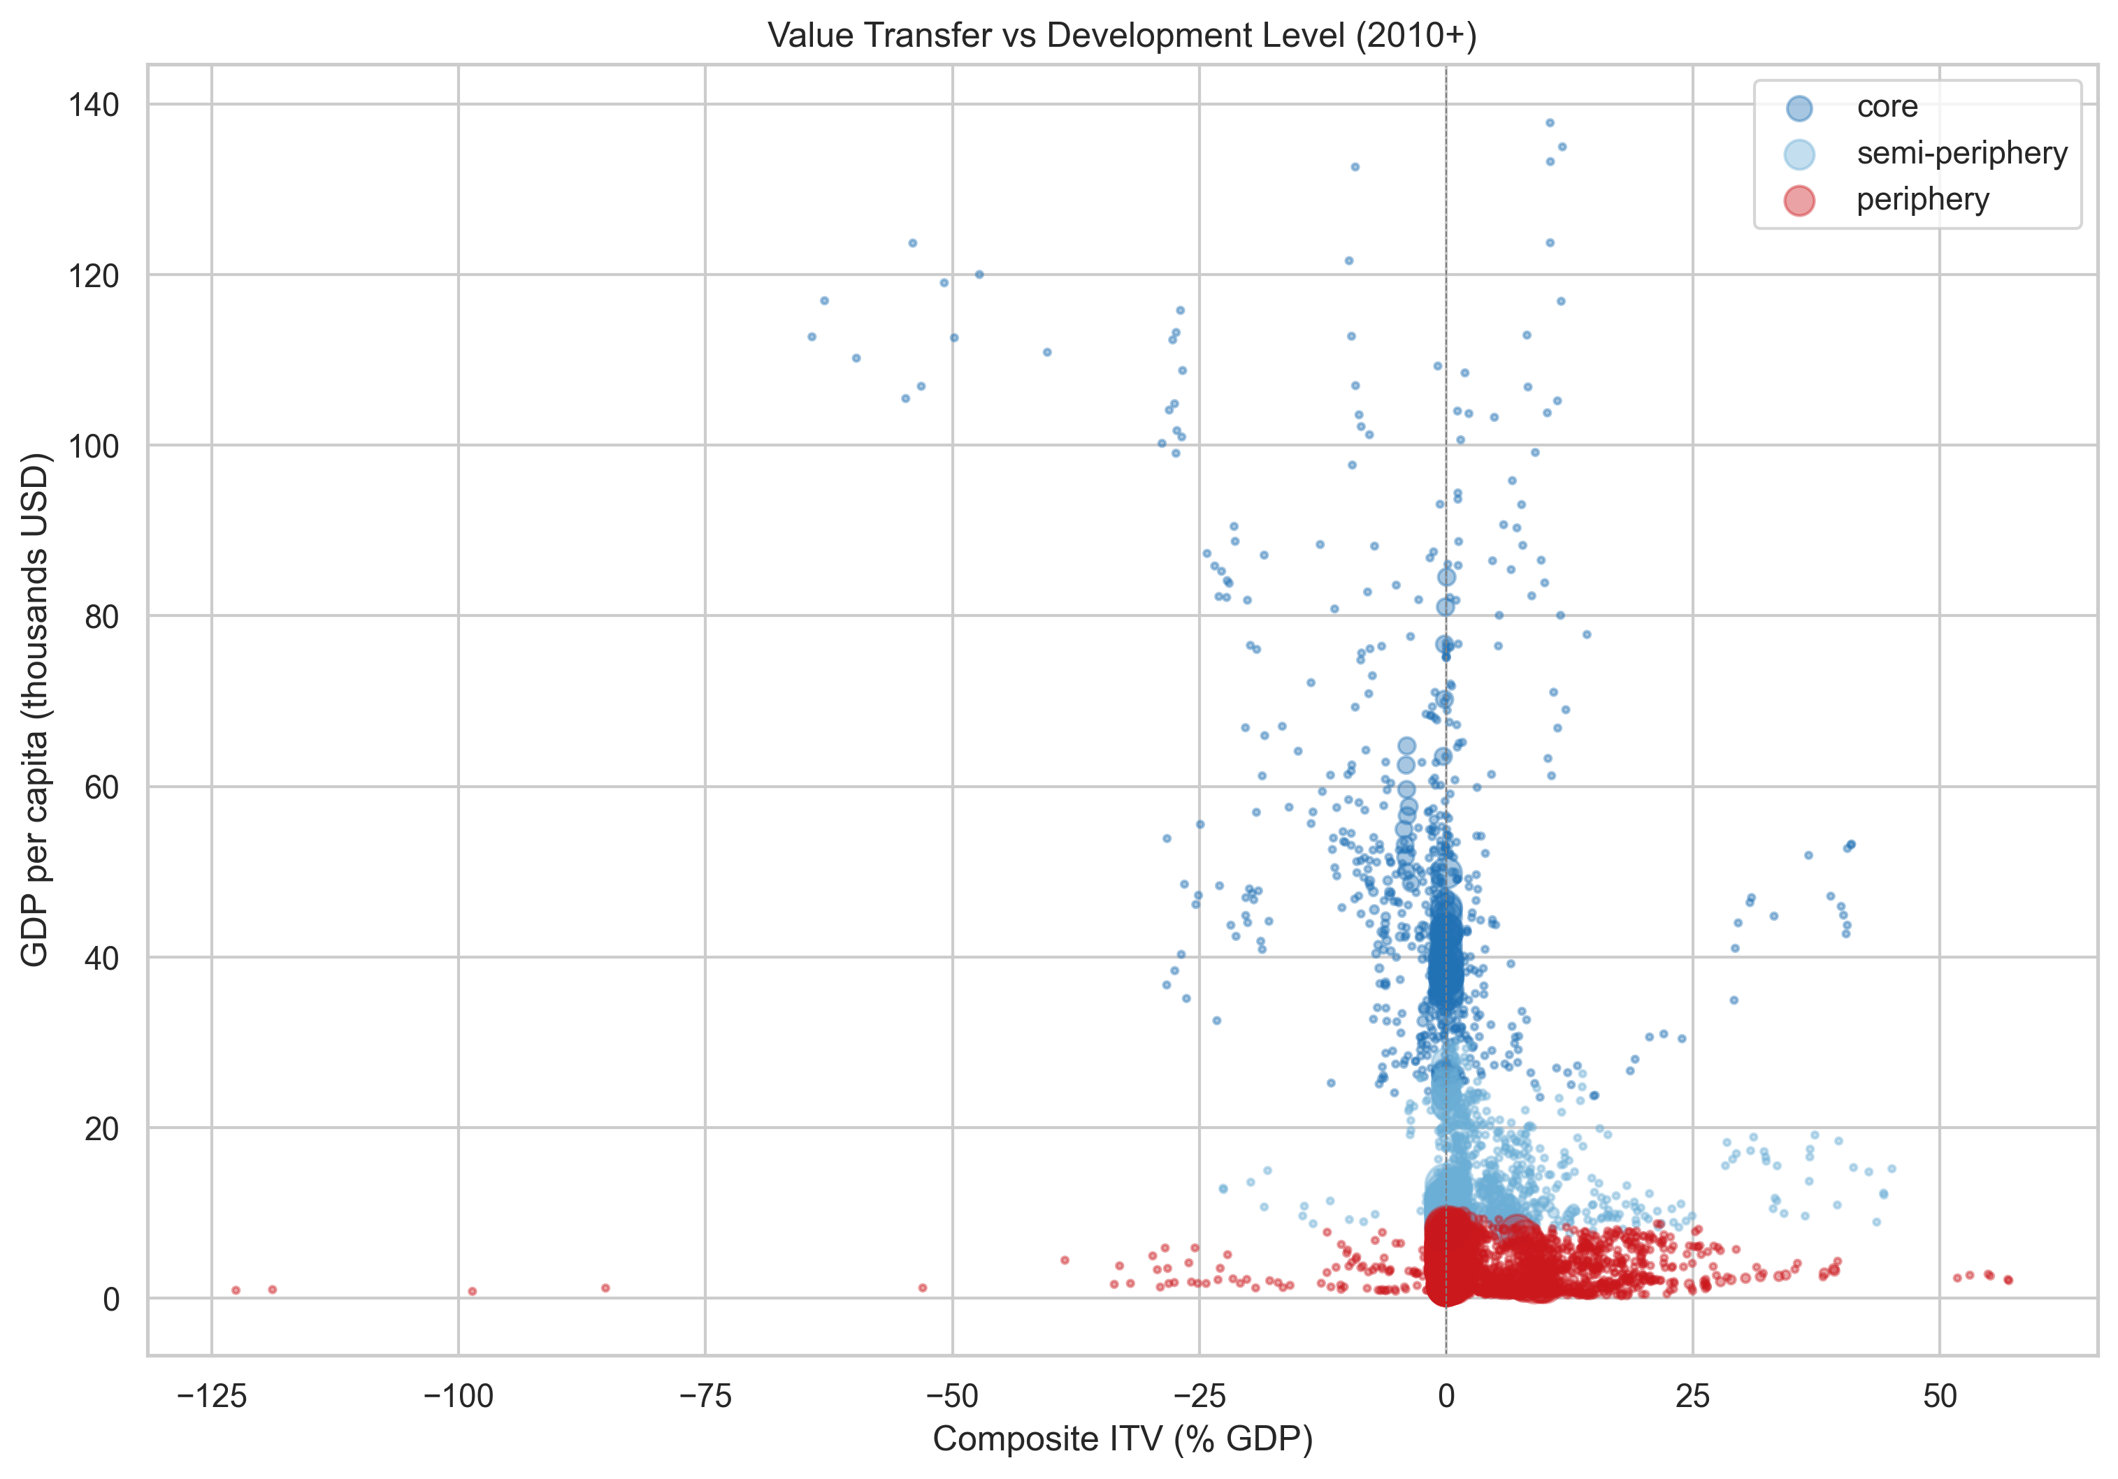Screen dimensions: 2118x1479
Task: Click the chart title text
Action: [x=1123, y=36]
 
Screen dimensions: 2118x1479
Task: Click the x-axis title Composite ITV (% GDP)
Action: [x=1123, y=1439]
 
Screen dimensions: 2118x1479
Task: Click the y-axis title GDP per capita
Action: [x=34, y=710]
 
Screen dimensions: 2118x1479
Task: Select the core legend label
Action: [x=1887, y=107]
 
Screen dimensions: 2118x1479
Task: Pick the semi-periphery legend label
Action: [x=1962, y=153]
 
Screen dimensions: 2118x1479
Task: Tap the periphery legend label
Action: [x=1922, y=199]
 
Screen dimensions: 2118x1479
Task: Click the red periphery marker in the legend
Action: [x=1799, y=200]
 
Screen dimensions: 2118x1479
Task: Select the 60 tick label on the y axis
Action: [x=102, y=787]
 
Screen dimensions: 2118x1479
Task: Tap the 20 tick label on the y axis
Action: [x=102, y=1128]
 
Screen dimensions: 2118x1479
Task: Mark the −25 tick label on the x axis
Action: [x=1200, y=1397]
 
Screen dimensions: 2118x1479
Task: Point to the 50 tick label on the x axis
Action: [x=1940, y=1397]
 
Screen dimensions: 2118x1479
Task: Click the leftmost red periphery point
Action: [x=236, y=1290]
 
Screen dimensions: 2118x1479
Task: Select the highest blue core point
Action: [x=1550, y=123]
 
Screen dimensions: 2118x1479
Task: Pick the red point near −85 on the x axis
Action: [x=605, y=1288]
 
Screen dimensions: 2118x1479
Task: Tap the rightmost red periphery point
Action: [x=2008, y=1280]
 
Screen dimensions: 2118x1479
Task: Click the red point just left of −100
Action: [x=473, y=1291]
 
